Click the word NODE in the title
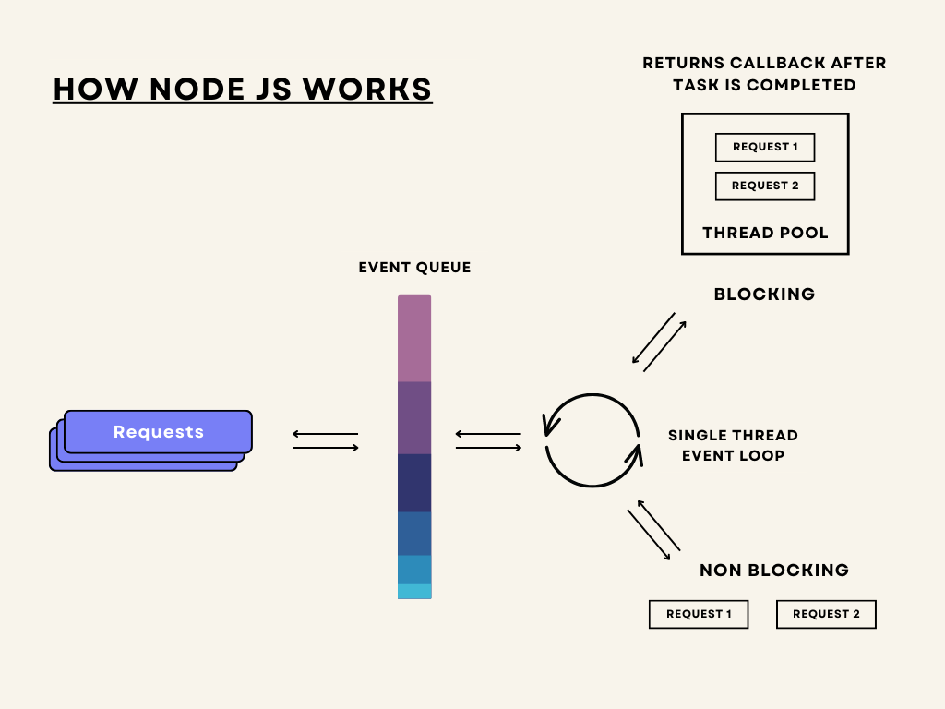[197, 90]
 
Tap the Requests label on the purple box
[159, 432]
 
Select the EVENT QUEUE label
[414, 267]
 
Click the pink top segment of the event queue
[414, 338]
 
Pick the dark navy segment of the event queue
[414, 483]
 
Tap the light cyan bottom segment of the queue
[414, 592]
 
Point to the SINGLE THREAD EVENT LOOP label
[733, 446]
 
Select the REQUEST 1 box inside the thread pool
[765, 147]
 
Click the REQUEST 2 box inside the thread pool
[765, 186]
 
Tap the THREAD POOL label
[765, 233]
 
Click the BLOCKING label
[764, 294]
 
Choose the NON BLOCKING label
[774, 571]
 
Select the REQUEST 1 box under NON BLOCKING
[699, 614]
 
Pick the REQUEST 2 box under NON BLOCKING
[826, 614]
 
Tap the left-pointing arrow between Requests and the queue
[326, 434]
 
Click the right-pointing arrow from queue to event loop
[489, 448]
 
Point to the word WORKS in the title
[367, 90]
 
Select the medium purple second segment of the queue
[414, 418]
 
